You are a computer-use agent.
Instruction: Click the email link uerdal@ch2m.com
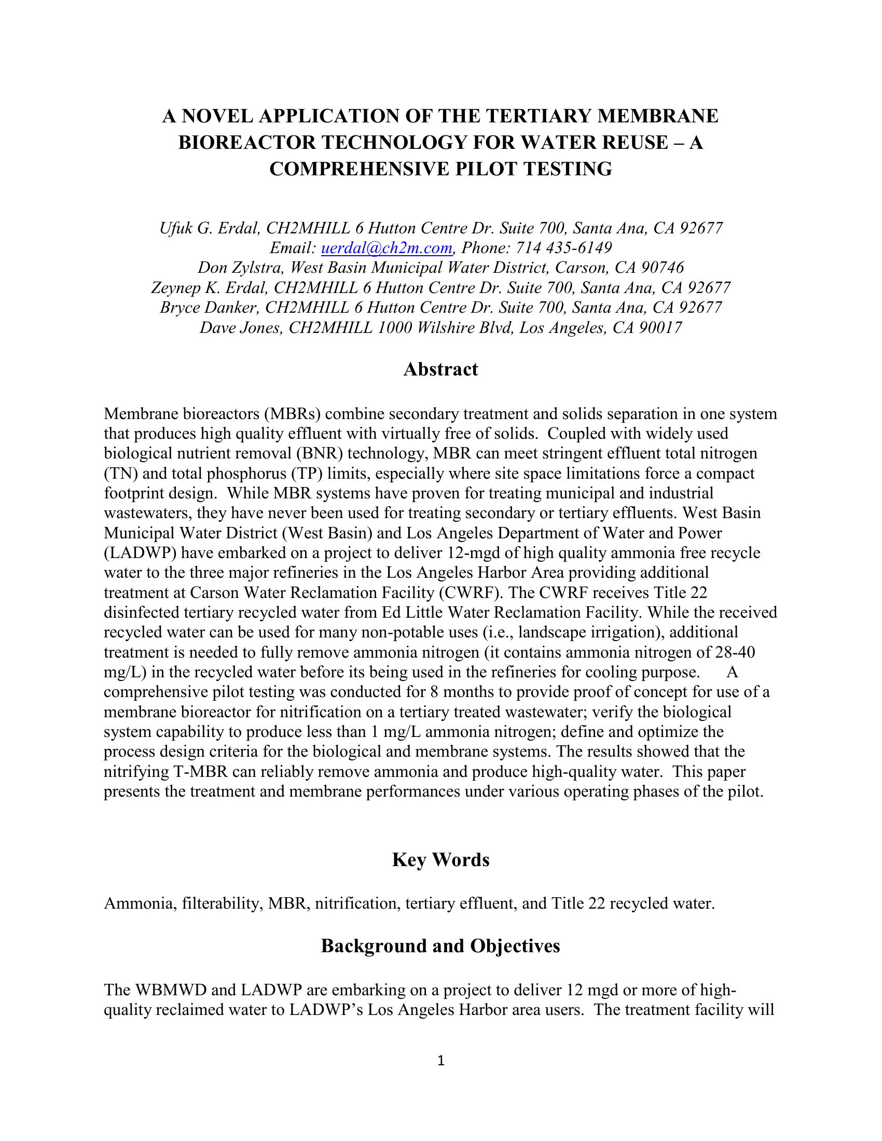386,247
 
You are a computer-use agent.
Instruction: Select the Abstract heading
440,369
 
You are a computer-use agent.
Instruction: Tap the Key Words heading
440,860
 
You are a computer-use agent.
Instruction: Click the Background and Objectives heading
440,945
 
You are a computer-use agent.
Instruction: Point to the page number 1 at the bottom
440,1061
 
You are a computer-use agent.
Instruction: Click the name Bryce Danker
211,307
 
